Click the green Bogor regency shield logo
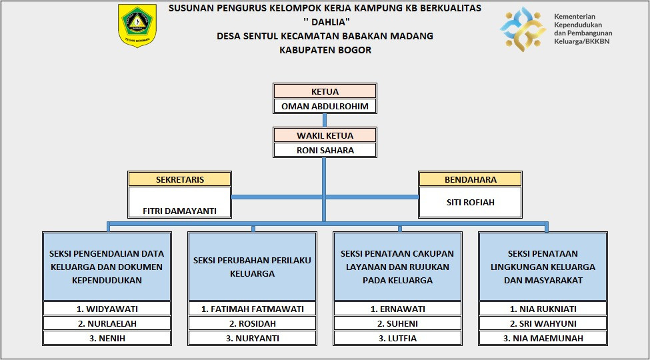point(137,25)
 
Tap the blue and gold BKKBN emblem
point(523,29)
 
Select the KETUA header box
point(325,91)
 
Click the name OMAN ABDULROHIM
point(325,106)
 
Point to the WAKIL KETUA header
point(325,135)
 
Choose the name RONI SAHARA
point(325,150)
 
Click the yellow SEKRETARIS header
point(180,179)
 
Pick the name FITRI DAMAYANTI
point(180,211)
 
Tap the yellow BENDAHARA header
point(470,179)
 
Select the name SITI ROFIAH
point(470,202)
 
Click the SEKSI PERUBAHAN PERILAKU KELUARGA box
point(252,267)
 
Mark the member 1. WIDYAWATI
point(107,309)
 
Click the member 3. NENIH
point(107,338)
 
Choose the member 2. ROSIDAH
point(252,323)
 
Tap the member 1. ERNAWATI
point(397,309)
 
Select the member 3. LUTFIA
point(397,338)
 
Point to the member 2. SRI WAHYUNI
point(543,323)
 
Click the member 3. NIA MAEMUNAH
point(543,338)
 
